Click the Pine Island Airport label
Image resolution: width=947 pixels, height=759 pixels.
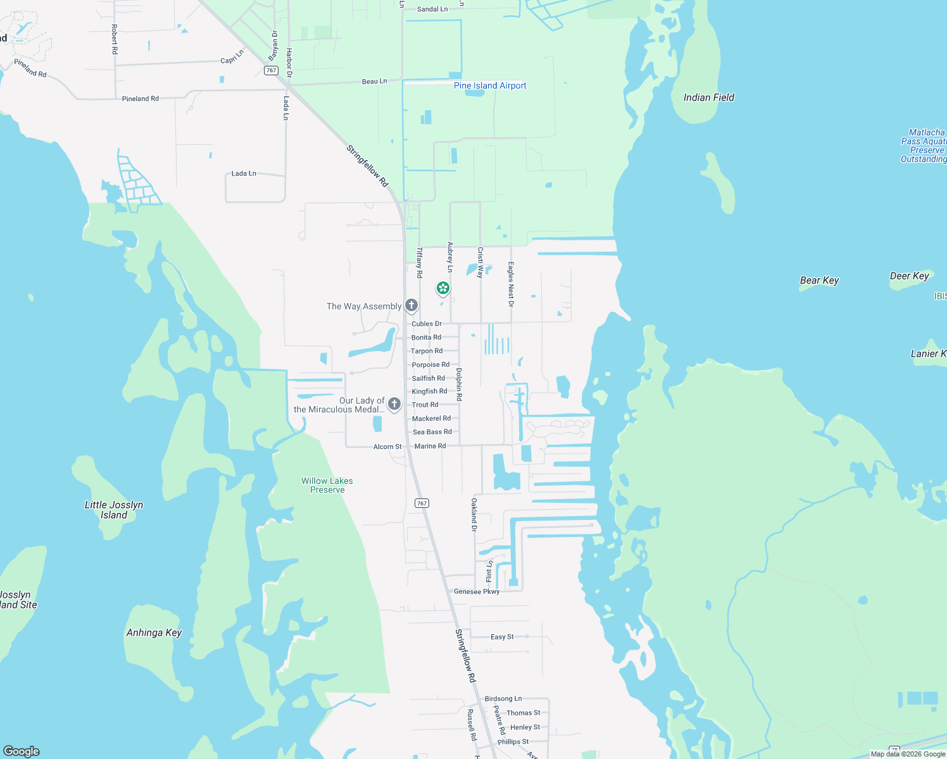[x=490, y=85]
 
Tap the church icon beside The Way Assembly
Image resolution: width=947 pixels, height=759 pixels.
[x=411, y=306]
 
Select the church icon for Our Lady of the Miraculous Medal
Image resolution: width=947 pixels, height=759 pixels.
[x=394, y=404]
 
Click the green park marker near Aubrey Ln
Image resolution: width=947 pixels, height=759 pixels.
[x=443, y=289]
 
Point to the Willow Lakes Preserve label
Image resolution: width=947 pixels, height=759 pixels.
[x=327, y=485]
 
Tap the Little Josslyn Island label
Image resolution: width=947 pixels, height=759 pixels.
[x=114, y=510]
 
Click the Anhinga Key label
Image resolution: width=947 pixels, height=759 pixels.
[x=154, y=632]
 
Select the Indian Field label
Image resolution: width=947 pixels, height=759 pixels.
[x=709, y=97]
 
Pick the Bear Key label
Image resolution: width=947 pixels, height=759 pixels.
[x=819, y=280]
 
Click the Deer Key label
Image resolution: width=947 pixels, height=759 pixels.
[x=909, y=276]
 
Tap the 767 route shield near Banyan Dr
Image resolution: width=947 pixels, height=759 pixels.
[x=272, y=70]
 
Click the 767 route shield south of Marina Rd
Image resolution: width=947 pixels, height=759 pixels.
[x=422, y=503]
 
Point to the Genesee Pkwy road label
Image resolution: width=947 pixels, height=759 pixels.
[x=477, y=591]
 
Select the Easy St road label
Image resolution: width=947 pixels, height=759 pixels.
[x=502, y=637]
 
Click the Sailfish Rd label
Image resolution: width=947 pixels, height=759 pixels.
[x=429, y=378]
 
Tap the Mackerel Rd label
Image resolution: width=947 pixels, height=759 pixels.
[x=432, y=418]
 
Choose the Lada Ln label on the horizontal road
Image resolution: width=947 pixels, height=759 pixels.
[x=244, y=173]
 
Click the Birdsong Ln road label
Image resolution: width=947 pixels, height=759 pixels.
[x=503, y=699]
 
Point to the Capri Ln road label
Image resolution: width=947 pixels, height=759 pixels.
[x=232, y=58]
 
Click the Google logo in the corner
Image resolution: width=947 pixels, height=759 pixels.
[x=22, y=751]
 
